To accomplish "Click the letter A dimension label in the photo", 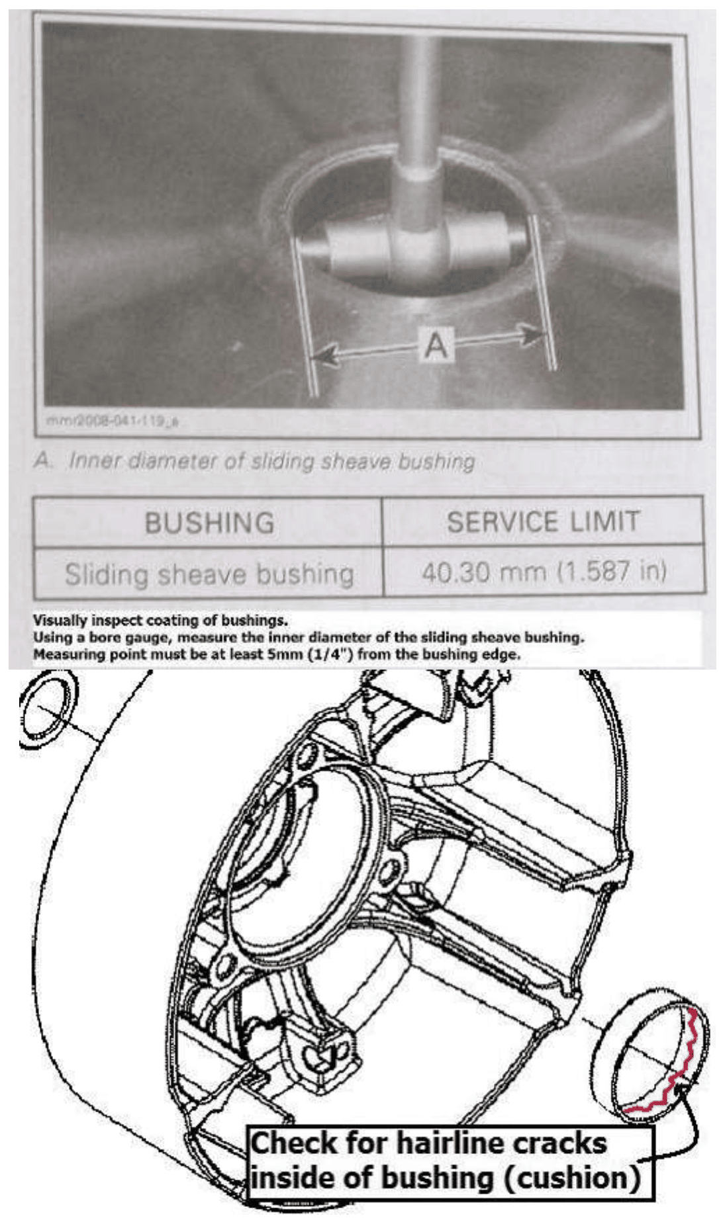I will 435,345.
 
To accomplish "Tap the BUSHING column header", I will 209,523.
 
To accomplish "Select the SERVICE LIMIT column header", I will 543,521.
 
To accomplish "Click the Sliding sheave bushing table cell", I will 209,574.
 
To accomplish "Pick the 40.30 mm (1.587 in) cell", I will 544,571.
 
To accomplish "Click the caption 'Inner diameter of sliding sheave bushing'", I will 271,461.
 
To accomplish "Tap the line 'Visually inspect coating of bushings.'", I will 160,621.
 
